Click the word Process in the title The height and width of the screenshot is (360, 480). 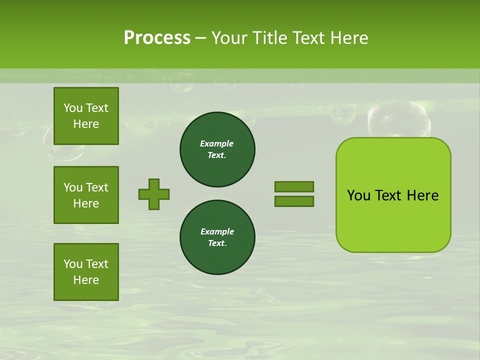tap(157, 38)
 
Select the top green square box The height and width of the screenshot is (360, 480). tap(86, 116)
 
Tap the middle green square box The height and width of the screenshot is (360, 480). tap(86, 195)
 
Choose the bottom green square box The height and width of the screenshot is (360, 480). tap(86, 272)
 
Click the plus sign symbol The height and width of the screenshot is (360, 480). tap(154, 194)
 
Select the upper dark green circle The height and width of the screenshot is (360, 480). tap(217, 149)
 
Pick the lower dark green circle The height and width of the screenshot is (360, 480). tap(217, 237)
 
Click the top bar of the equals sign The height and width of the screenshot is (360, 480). tap(294, 186)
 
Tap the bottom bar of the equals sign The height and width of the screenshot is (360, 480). tap(294, 201)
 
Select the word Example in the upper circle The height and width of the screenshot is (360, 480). tap(216, 143)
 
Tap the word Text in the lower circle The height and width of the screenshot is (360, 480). tap(217, 243)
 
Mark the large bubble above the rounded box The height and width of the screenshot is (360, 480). tap(398, 119)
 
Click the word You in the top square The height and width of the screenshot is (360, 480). tap(72, 108)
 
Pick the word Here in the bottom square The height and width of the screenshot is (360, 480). tap(86, 280)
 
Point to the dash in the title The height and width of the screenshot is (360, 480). tap(200, 38)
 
